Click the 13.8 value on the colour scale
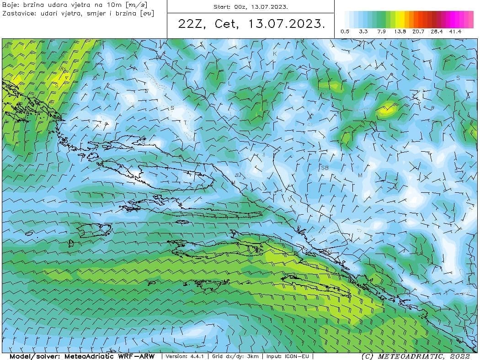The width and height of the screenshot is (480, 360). point(400,32)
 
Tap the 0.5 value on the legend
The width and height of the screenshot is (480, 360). point(345,32)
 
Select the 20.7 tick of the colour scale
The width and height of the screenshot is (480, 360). point(418,32)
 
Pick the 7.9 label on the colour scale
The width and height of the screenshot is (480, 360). point(382,32)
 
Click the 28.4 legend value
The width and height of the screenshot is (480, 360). point(437,32)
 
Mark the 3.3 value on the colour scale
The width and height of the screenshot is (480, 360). point(363,32)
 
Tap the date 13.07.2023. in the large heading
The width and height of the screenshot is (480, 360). point(287,24)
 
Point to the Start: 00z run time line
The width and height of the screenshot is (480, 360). point(251,7)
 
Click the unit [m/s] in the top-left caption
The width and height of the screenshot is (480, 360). point(139,4)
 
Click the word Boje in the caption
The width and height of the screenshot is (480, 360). point(10,4)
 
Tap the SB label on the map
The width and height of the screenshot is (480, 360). point(325,168)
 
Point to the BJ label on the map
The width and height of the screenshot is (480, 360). point(238,175)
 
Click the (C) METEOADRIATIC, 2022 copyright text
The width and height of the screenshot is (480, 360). point(415,356)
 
